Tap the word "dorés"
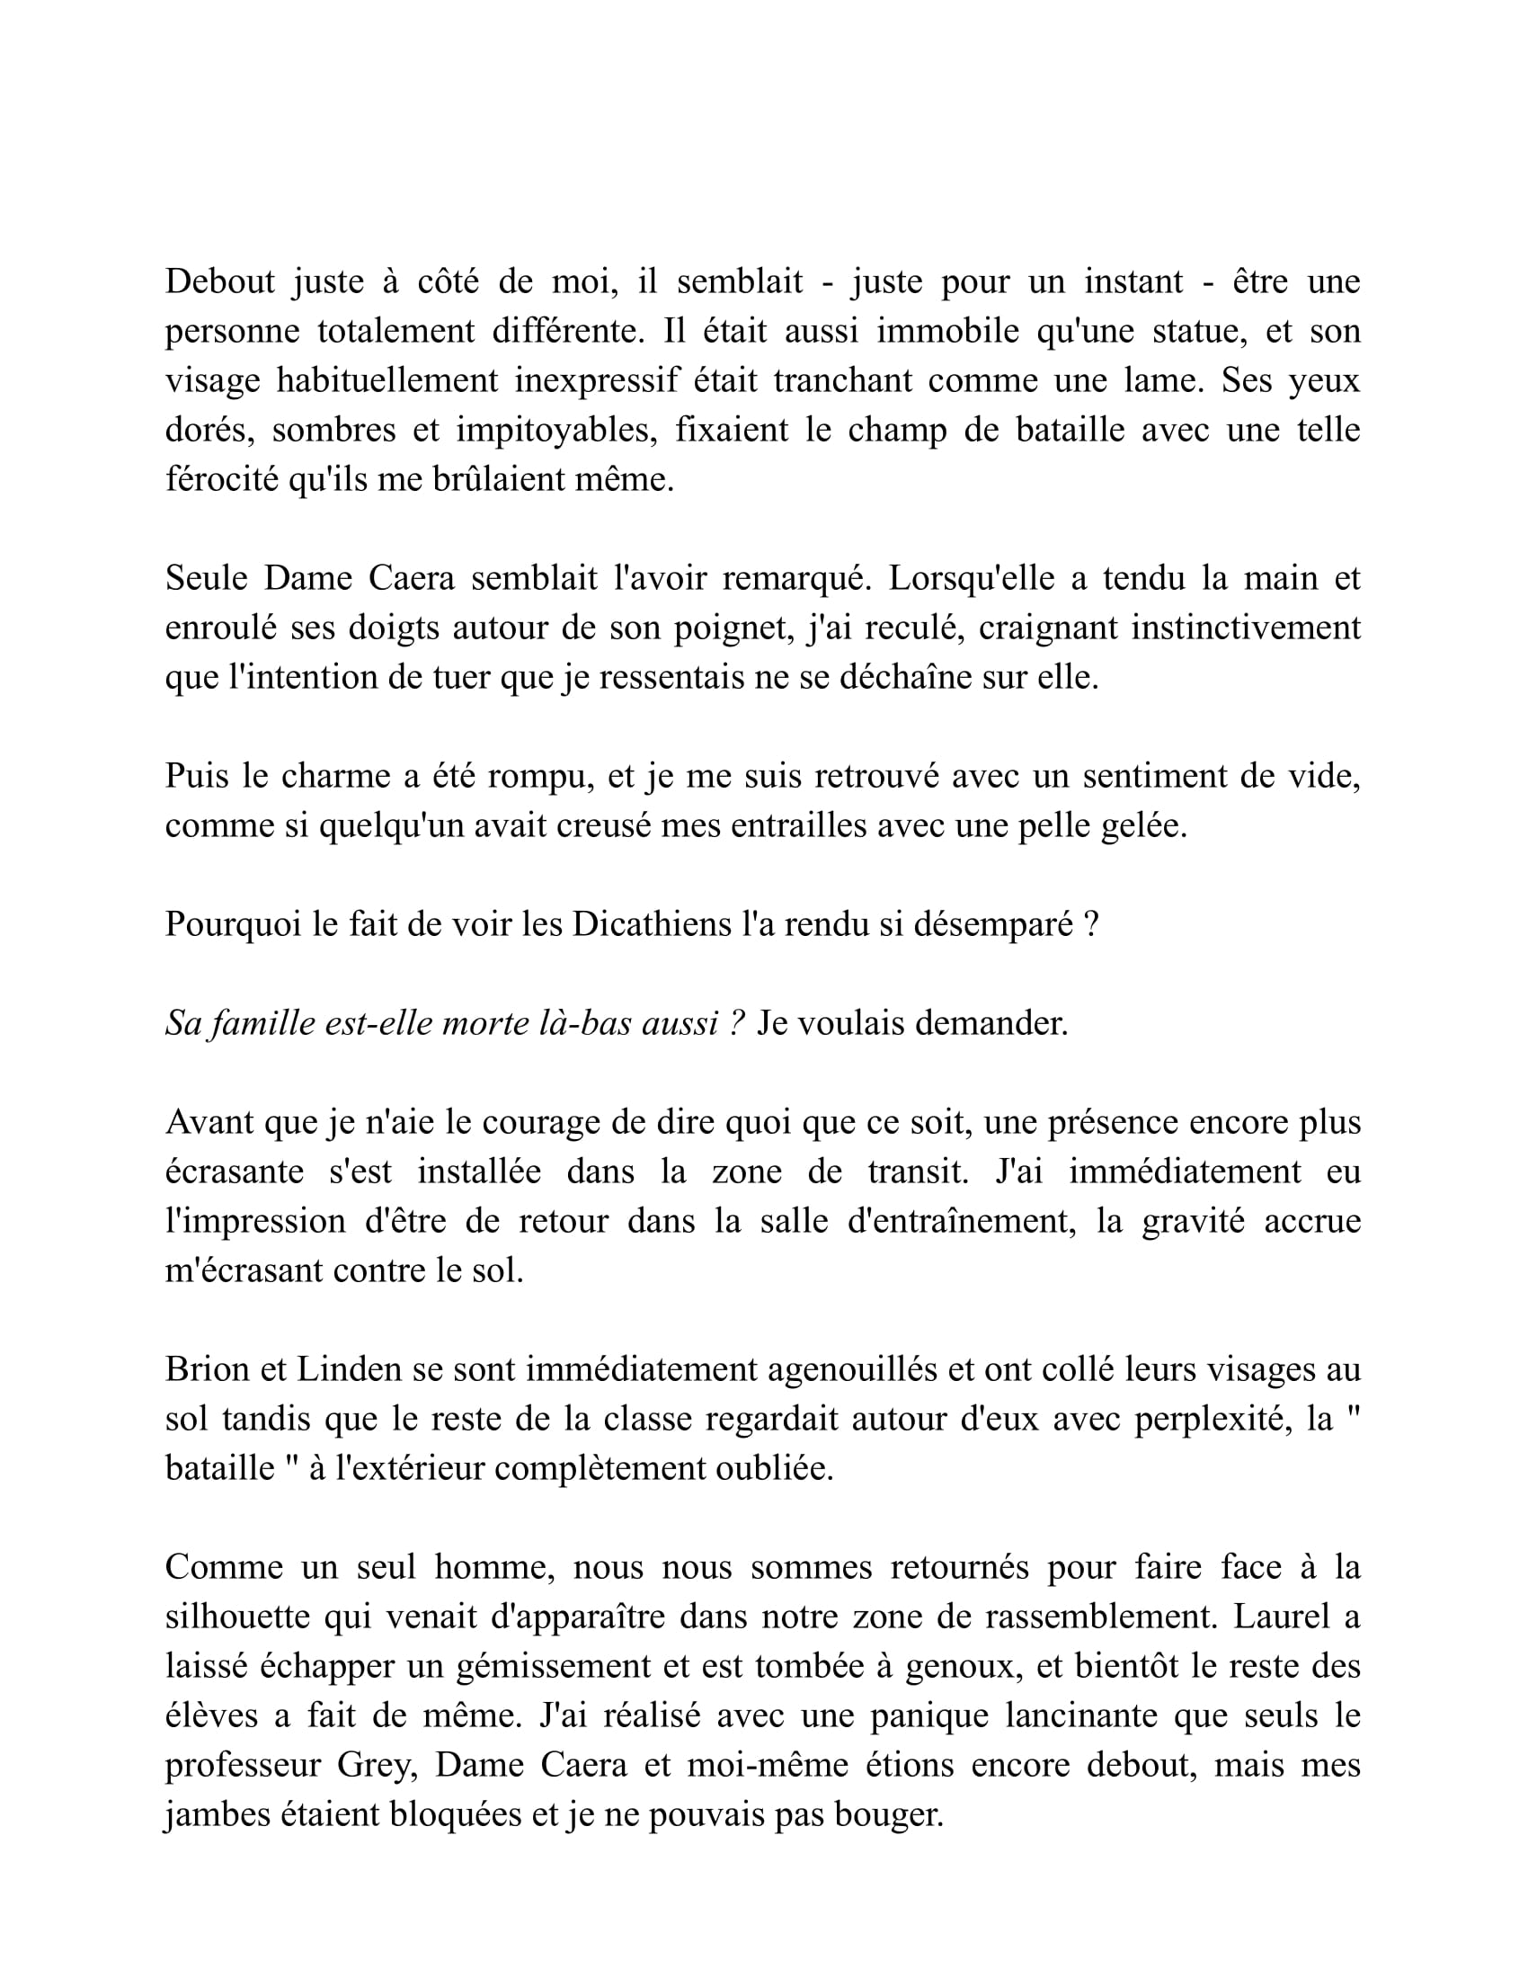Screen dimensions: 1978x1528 click(x=204, y=430)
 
